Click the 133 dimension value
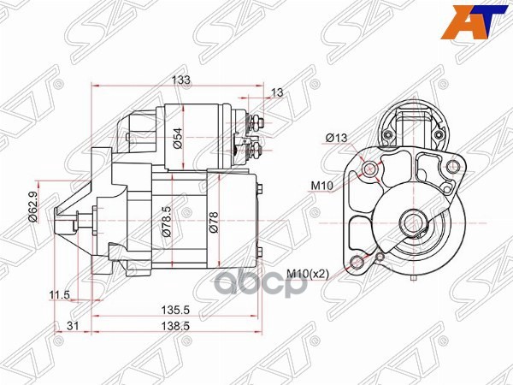(180, 79)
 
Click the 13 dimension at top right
(277, 92)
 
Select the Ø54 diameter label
(178, 138)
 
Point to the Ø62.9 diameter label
(32, 206)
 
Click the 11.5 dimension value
(59, 295)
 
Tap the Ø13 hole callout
(335, 138)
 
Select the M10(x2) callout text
(308, 274)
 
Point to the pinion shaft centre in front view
(412, 224)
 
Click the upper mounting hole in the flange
(370, 170)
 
